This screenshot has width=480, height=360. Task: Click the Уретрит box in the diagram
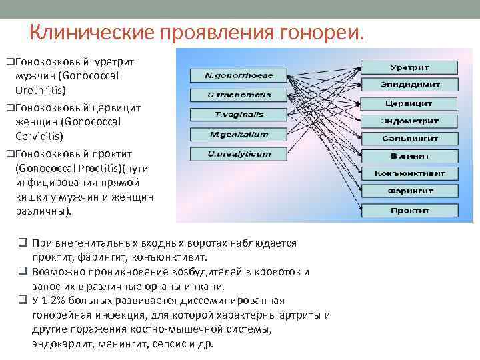[409, 67]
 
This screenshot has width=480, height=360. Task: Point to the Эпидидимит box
[409, 85]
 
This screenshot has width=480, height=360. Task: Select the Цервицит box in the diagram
[409, 103]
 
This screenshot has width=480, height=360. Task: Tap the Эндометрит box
[409, 121]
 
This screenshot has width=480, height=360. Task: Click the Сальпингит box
[409, 139]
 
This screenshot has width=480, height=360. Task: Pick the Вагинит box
[409, 156]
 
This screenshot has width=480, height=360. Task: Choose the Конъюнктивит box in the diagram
[409, 174]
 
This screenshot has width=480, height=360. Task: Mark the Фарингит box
[409, 191]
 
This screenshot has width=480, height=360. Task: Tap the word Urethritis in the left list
[41, 89]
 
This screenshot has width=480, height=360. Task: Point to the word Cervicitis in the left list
[40, 136]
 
